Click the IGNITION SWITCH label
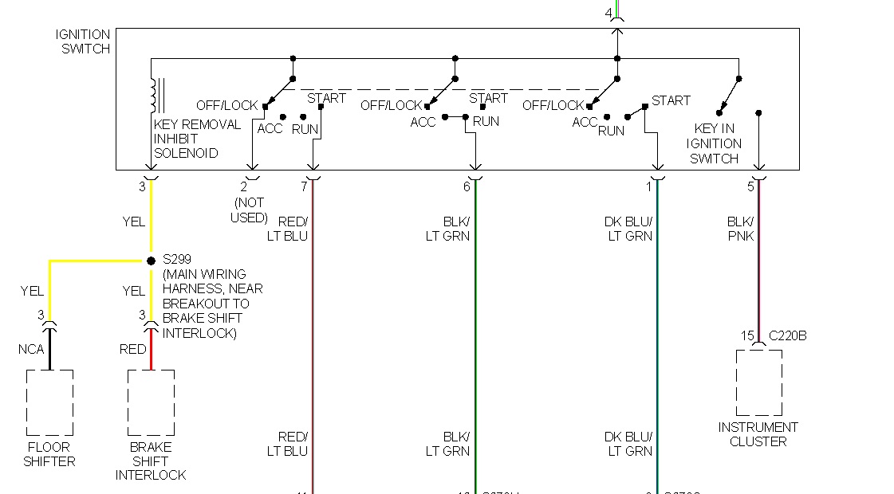83,41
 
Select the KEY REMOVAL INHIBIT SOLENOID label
197,139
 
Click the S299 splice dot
151,261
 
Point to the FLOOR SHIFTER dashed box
49,402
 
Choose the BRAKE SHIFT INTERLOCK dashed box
151,402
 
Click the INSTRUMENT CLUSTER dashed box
758,382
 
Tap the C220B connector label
787,335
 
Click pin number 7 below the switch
303,186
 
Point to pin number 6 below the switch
467,186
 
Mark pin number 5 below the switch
750,186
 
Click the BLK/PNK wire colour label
740,229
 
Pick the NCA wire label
32,349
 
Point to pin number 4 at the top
608,13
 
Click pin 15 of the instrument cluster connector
746,335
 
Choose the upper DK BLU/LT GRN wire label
628,229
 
